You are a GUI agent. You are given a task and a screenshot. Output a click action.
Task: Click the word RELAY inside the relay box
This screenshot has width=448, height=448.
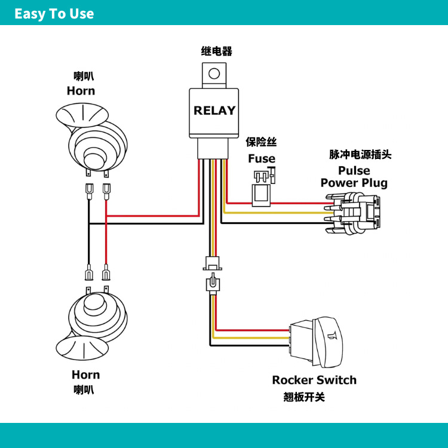point(214,111)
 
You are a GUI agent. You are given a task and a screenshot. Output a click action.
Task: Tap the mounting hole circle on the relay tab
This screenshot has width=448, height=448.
point(214,73)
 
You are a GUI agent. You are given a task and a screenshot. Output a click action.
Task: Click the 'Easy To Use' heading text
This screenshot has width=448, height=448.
point(54,14)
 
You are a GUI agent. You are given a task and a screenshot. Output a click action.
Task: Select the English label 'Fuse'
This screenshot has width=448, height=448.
point(262,158)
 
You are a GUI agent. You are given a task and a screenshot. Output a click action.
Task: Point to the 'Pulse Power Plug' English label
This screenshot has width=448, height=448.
point(354,177)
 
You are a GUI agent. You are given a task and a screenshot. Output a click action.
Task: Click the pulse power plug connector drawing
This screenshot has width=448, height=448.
point(354,213)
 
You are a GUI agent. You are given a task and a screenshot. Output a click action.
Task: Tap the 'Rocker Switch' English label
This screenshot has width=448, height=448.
point(314,380)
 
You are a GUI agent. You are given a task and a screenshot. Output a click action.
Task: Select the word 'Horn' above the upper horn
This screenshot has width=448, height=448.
point(81,91)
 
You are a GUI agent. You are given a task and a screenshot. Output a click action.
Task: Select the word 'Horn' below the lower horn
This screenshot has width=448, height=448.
point(85,375)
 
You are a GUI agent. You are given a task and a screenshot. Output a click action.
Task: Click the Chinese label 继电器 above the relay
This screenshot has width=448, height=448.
point(217,51)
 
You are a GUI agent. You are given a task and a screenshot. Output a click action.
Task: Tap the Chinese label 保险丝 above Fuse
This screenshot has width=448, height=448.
point(261,142)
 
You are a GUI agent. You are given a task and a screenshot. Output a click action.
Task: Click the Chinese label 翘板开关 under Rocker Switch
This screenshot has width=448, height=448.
point(304,397)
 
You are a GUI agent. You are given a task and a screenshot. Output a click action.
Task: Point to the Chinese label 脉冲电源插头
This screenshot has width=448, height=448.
point(360,155)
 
